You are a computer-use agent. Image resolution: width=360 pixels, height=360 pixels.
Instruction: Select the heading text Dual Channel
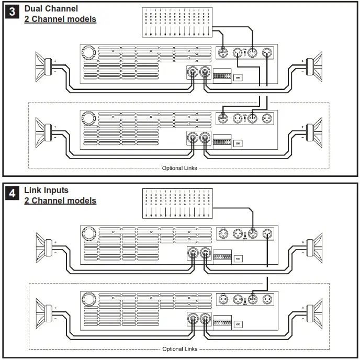click(51, 9)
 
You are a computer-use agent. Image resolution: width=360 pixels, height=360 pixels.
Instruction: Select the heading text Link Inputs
click(47, 190)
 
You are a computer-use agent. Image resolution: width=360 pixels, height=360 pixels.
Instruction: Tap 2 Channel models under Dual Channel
click(60, 19)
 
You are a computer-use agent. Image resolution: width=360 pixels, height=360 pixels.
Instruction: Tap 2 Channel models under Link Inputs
click(60, 200)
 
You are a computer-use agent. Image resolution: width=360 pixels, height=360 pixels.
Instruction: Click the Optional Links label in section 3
click(179, 168)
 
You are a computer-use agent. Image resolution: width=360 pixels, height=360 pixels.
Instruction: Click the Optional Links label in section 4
click(179, 349)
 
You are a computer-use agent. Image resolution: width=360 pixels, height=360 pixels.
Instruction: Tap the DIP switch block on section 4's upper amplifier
click(222, 257)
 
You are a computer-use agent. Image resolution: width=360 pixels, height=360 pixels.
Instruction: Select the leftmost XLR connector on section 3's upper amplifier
click(222, 52)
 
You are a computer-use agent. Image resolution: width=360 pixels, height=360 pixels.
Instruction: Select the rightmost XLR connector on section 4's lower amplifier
click(267, 299)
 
